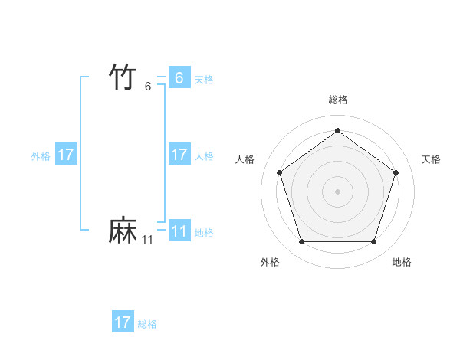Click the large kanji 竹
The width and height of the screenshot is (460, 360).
click(x=123, y=77)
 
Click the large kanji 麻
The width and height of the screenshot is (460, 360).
click(x=123, y=231)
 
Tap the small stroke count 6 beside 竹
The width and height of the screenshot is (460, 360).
click(x=148, y=86)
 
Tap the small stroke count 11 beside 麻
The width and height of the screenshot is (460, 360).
click(x=147, y=240)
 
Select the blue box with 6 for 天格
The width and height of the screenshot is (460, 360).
click(x=179, y=78)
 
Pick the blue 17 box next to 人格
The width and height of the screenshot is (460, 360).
click(x=179, y=155)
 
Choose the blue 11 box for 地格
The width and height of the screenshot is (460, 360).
click(x=179, y=231)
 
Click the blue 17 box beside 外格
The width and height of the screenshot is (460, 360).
click(x=66, y=155)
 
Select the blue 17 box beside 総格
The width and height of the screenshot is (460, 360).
click(x=123, y=322)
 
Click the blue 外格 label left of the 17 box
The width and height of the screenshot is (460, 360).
click(x=41, y=155)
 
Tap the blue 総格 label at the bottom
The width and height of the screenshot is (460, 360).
click(x=147, y=323)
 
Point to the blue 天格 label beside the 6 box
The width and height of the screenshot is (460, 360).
click(x=204, y=79)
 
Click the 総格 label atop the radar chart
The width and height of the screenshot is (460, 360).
click(x=337, y=100)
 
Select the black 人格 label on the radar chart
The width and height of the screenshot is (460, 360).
click(x=245, y=159)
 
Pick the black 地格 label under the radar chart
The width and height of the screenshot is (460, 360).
click(x=402, y=262)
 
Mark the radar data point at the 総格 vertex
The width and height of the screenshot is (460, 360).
click(x=337, y=131)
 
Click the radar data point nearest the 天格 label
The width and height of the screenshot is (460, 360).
click(x=396, y=172)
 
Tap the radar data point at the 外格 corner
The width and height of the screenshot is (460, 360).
click(x=301, y=242)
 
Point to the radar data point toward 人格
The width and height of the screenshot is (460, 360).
click(x=279, y=172)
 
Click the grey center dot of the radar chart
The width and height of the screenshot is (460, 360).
click(x=337, y=191)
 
